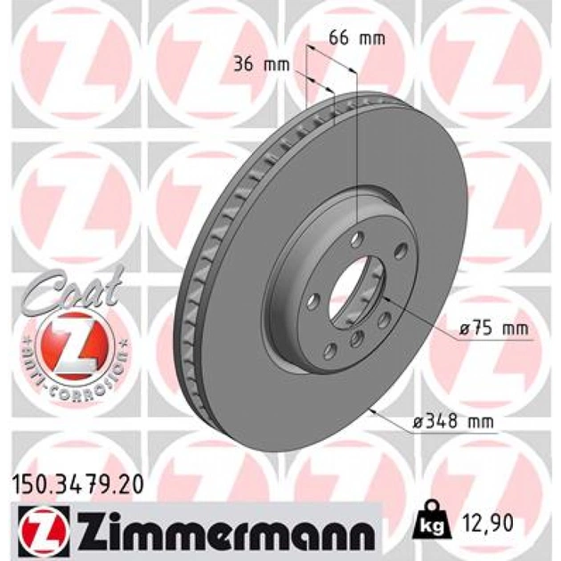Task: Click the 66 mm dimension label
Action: tap(357, 38)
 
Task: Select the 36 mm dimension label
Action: tap(261, 65)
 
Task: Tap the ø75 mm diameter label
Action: tap(493, 328)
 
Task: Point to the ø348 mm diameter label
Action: tap(453, 422)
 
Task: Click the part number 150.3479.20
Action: tap(78, 484)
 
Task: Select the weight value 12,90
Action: tap(488, 523)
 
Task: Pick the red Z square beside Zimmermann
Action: tap(42, 528)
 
